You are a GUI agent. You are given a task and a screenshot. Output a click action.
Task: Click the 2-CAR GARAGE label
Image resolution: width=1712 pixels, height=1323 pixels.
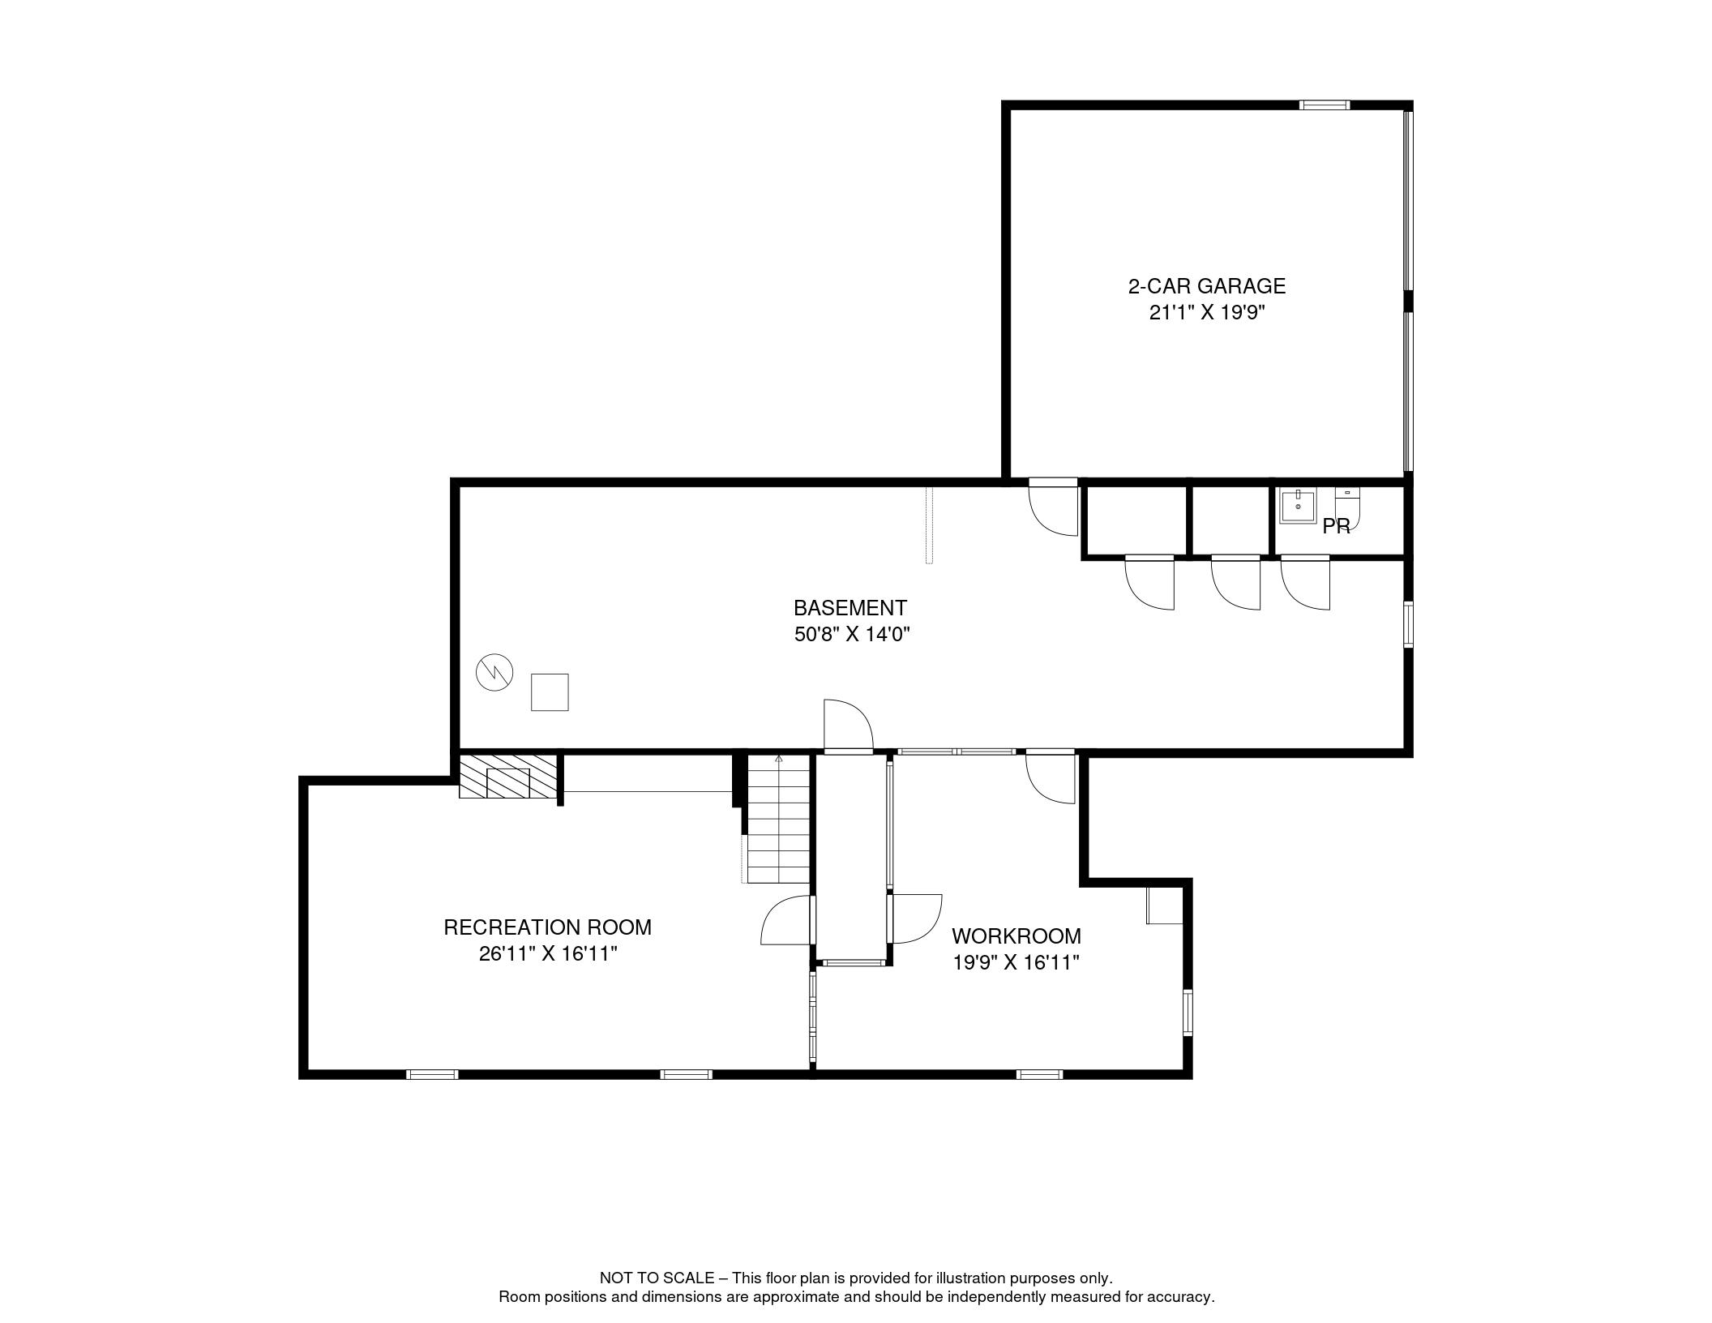point(1207,286)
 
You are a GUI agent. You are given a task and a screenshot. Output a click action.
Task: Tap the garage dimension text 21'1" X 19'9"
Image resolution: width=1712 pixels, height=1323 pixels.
point(1207,313)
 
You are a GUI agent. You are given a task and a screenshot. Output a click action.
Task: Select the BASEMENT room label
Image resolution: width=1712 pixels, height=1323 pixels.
point(850,608)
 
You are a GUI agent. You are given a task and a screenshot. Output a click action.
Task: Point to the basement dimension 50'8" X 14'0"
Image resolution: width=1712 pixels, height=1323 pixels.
point(852,635)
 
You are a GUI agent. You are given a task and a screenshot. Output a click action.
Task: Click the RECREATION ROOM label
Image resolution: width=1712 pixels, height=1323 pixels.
point(547,927)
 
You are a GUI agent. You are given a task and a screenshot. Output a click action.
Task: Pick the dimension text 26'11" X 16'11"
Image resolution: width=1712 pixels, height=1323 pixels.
point(548,954)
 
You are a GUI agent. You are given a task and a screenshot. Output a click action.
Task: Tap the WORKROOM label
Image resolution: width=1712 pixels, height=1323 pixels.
point(1016,936)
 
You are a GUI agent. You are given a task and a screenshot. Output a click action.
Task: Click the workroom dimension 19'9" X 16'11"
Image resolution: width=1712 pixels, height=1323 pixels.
point(1016,963)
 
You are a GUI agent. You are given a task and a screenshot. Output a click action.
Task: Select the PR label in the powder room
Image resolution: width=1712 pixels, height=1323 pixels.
point(1337,527)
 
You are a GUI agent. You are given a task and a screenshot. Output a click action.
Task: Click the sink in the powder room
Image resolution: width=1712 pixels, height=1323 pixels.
point(1298,506)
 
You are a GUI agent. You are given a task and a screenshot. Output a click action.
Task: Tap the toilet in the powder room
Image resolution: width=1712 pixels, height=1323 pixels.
point(1347,501)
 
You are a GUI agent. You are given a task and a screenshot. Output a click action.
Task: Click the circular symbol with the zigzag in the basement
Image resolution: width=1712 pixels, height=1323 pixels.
point(494,672)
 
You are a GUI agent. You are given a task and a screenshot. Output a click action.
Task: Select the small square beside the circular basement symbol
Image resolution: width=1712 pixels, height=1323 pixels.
point(550,692)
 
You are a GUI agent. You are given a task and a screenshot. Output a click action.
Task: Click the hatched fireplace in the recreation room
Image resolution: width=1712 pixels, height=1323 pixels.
point(508,777)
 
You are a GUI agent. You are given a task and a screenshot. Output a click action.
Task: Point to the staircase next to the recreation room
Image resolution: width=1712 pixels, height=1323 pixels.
point(778,819)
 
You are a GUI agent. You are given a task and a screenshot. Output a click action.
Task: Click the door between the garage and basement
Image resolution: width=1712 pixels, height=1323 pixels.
point(1053,508)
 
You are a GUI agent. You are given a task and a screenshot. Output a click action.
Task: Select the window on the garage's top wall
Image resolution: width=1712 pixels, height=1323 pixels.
point(1325,105)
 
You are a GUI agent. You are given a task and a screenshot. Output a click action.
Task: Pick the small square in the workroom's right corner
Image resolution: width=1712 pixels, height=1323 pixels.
point(1164,906)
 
